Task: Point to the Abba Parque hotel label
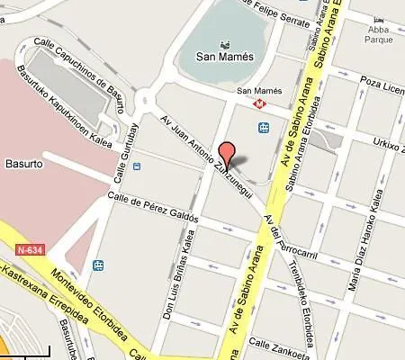[x=378, y=33]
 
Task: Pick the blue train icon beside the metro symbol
[x=265, y=128]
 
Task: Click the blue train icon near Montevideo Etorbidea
[x=98, y=265]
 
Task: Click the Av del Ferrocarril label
[x=276, y=236]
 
